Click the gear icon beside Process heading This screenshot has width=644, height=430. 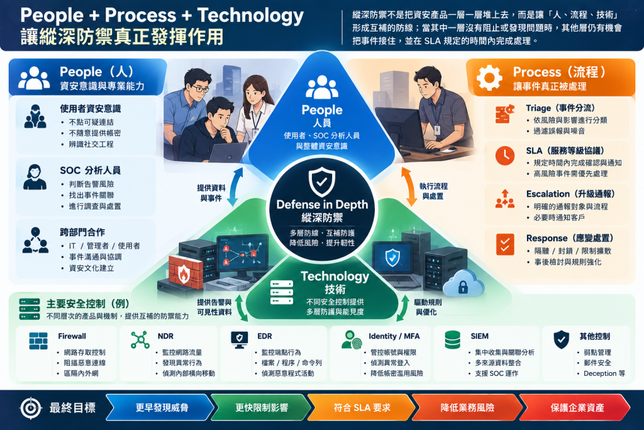tap(489, 77)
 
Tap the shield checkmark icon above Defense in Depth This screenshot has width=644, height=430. tap(321, 181)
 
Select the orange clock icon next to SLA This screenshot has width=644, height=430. tap(505, 156)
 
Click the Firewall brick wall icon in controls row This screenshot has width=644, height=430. tap(38, 341)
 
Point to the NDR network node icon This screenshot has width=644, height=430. tap(140, 340)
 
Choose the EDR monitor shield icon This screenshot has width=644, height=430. tap(240, 340)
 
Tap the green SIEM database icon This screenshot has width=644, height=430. tap(453, 340)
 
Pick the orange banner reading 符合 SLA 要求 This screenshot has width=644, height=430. tap(362, 407)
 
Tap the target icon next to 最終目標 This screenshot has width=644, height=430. tap(31, 408)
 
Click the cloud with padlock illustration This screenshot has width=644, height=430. tap(464, 283)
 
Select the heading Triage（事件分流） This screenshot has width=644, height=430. tap(560, 108)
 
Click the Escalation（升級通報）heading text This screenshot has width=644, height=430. tap(570, 194)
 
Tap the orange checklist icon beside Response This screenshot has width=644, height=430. tap(505, 244)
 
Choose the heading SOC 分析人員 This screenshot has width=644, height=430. tap(91, 170)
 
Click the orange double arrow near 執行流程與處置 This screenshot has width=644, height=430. tap(409, 186)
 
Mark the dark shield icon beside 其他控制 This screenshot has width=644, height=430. tap(561, 340)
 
